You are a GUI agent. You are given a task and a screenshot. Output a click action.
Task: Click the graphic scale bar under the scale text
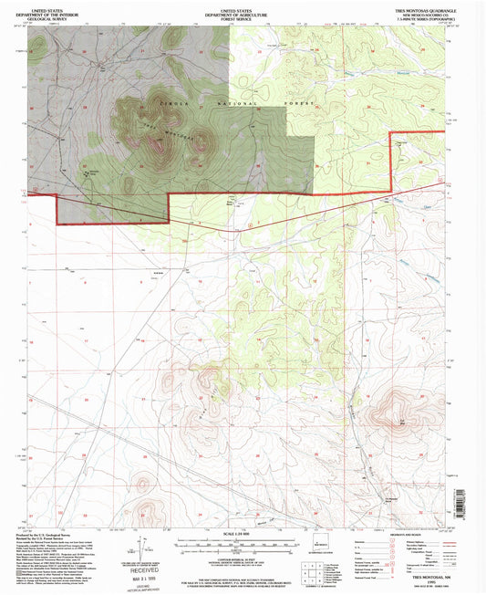[x=242, y=542]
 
